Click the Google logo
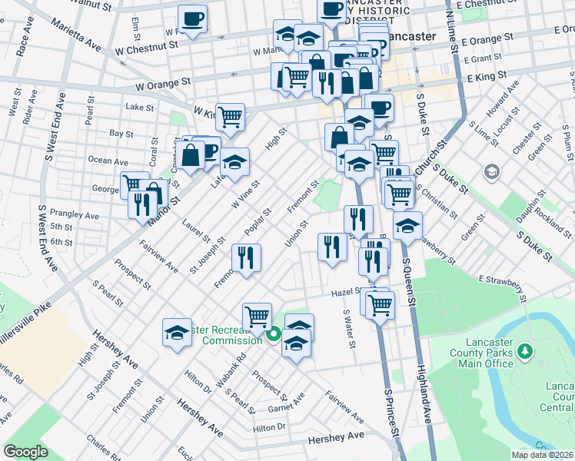(25, 452)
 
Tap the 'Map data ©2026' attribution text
(542, 455)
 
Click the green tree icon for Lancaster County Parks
(526, 352)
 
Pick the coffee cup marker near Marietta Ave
(192, 18)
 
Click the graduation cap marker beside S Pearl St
(177, 333)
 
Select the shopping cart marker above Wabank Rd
(257, 316)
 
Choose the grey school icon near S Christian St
(490, 173)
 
